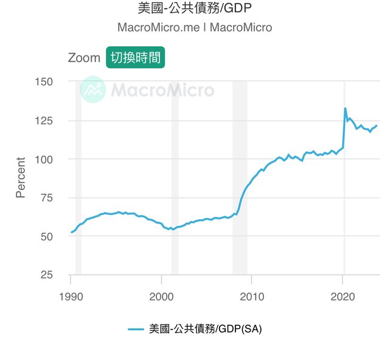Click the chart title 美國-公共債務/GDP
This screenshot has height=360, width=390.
pos(195,9)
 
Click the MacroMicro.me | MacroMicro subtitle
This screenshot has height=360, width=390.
pos(195,27)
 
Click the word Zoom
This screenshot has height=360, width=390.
pos(84,58)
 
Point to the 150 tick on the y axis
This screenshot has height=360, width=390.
pos(44,82)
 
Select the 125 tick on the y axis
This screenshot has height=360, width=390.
pos(44,121)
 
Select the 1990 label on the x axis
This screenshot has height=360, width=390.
pos(71,297)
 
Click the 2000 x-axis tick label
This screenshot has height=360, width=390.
pos(161,297)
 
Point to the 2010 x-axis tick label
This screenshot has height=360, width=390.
pos(252,297)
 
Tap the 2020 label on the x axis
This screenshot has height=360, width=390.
pos(343,297)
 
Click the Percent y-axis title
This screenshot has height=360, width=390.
pos(21,177)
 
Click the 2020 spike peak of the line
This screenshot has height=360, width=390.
pos(345,108)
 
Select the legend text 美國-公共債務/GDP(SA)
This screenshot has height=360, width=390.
pos(205,329)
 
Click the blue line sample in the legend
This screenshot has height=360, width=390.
pos(136,329)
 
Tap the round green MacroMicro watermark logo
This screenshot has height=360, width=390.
pos(93,90)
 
